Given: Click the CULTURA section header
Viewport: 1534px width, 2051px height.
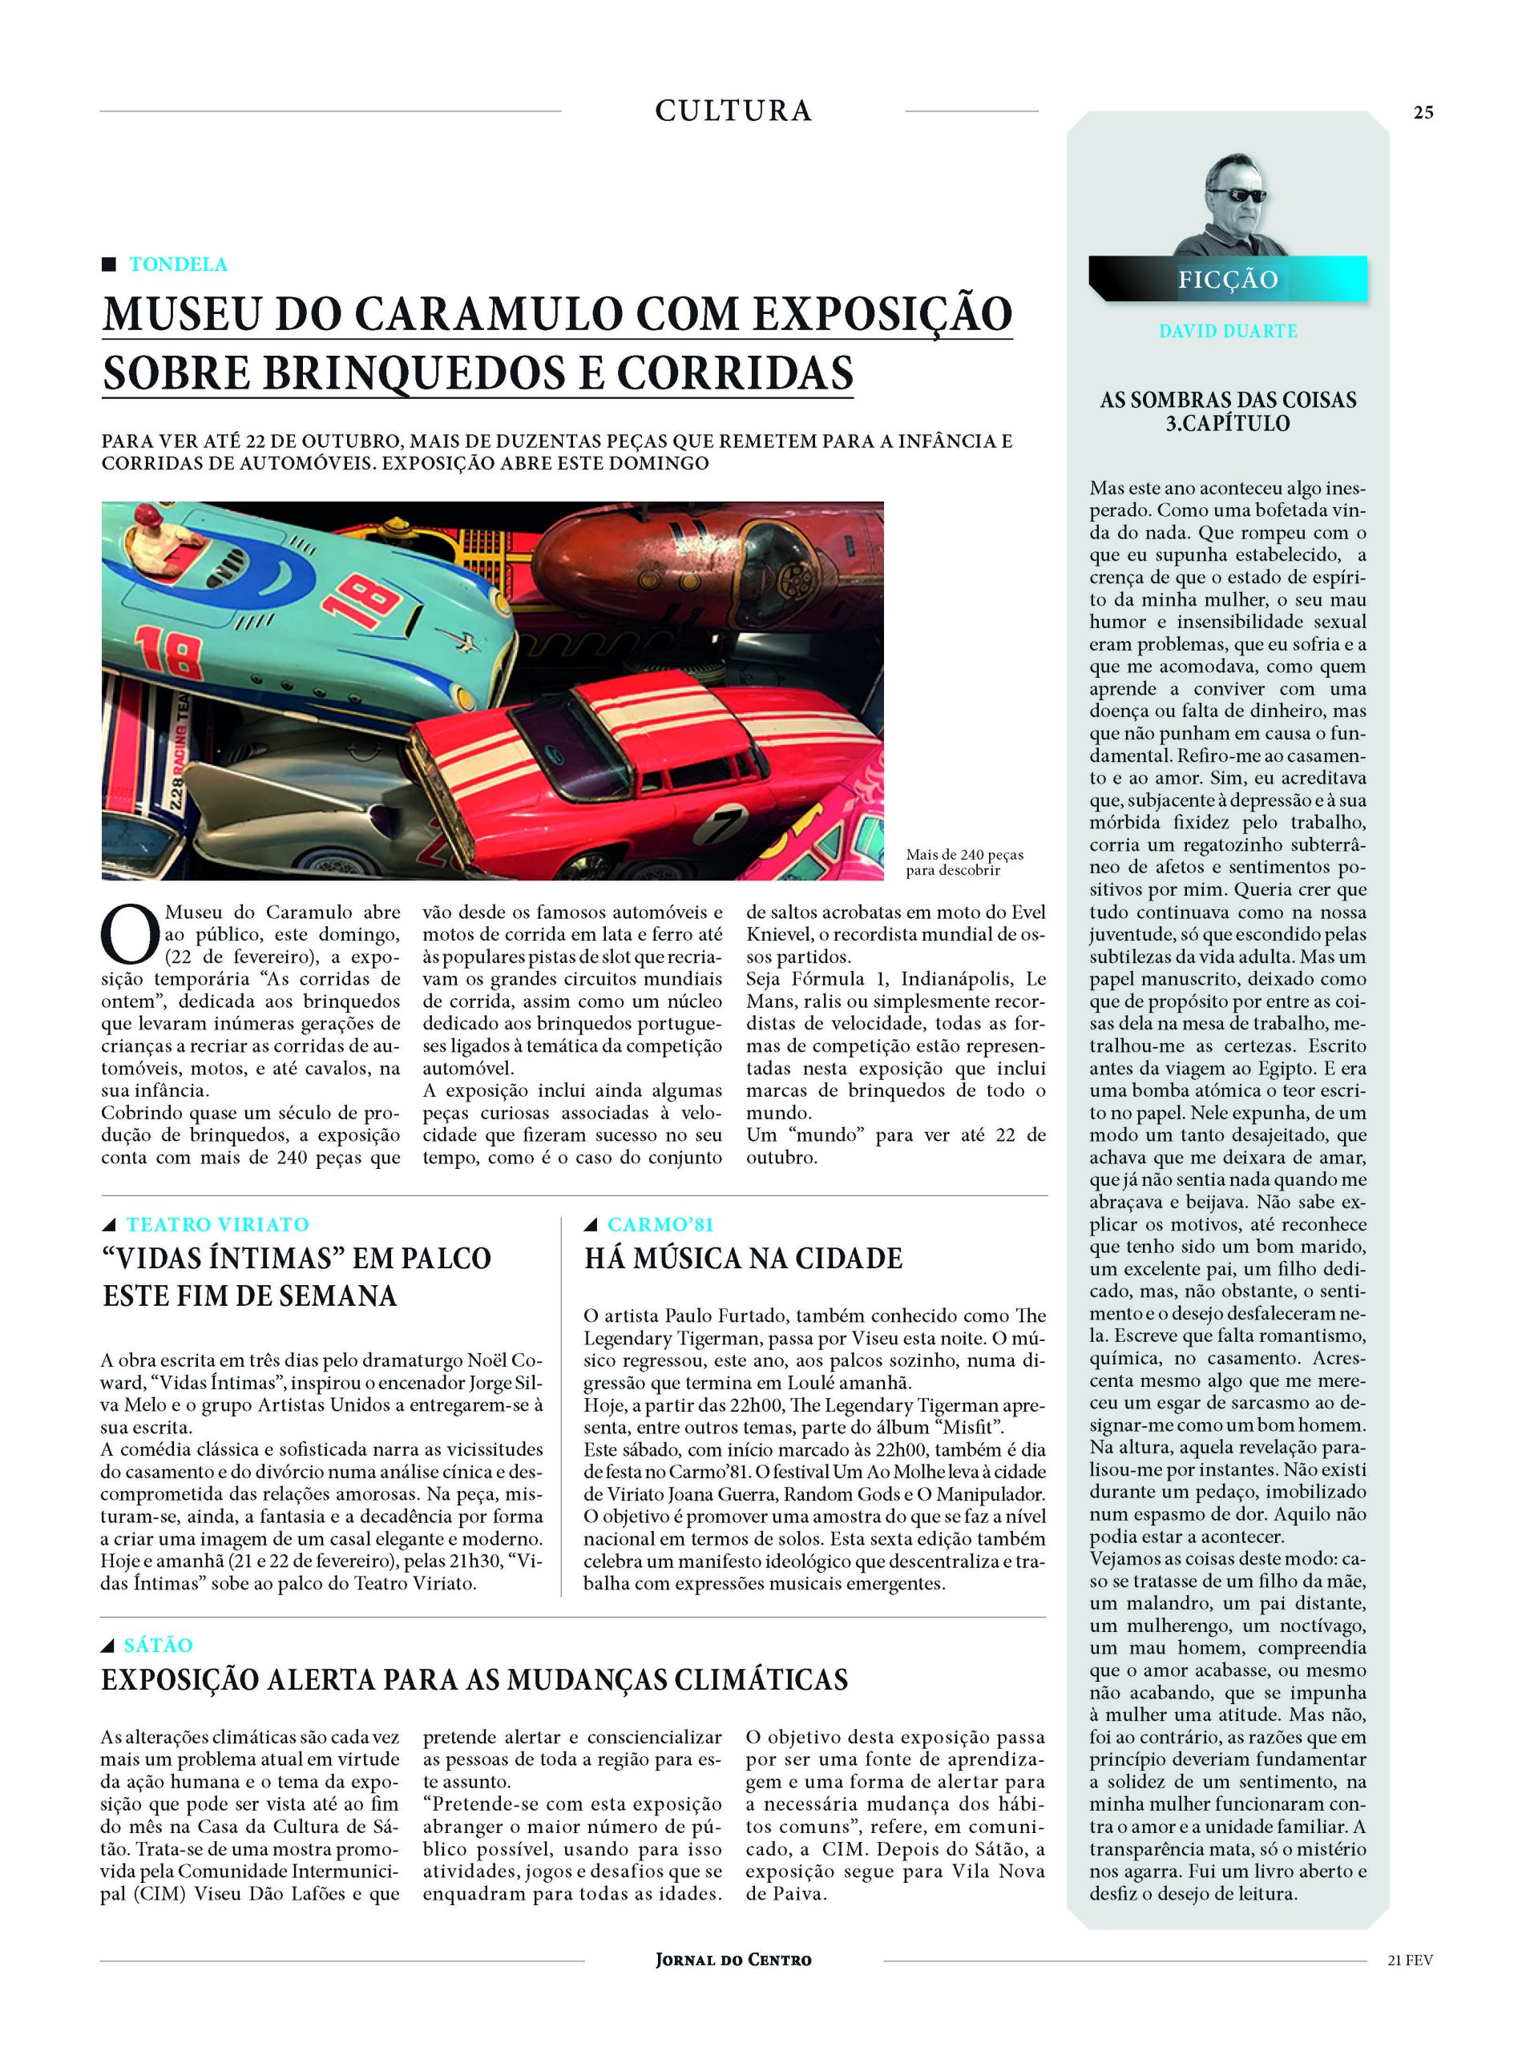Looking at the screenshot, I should pyautogui.click(x=733, y=111).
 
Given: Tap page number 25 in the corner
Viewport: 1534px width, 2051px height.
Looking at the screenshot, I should pyautogui.click(x=1423, y=112).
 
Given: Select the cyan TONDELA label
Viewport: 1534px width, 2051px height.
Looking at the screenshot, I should pyautogui.click(x=178, y=264).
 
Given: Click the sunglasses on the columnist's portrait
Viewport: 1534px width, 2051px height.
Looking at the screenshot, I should pyautogui.click(x=1237, y=195).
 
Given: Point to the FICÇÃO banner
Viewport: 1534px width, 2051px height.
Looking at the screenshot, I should pyautogui.click(x=1228, y=279).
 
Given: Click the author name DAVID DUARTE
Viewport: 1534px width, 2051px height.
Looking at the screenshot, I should pyautogui.click(x=1228, y=331).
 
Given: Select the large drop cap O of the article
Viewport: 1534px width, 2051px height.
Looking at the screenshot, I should pyautogui.click(x=129, y=933).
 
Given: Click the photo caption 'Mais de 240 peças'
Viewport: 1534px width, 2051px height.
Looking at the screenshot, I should pyautogui.click(x=964, y=855).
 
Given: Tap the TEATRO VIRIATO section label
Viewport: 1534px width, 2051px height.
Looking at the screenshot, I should pyautogui.click(x=217, y=1224).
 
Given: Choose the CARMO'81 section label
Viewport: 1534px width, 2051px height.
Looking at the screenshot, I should pyautogui.click(x=660, y=1224).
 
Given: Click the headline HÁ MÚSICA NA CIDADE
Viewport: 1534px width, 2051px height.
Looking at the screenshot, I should pyautogui.click(x=743, y=1258).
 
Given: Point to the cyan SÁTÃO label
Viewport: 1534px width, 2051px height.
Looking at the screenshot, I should pyautogui.click(x=158, y=1645).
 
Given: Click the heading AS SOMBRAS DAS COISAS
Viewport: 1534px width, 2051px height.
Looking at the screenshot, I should pyautogui.click(x=1228, y=400).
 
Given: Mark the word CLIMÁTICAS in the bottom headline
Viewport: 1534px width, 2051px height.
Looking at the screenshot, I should pyautogui.click(x=761, y=1680).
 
